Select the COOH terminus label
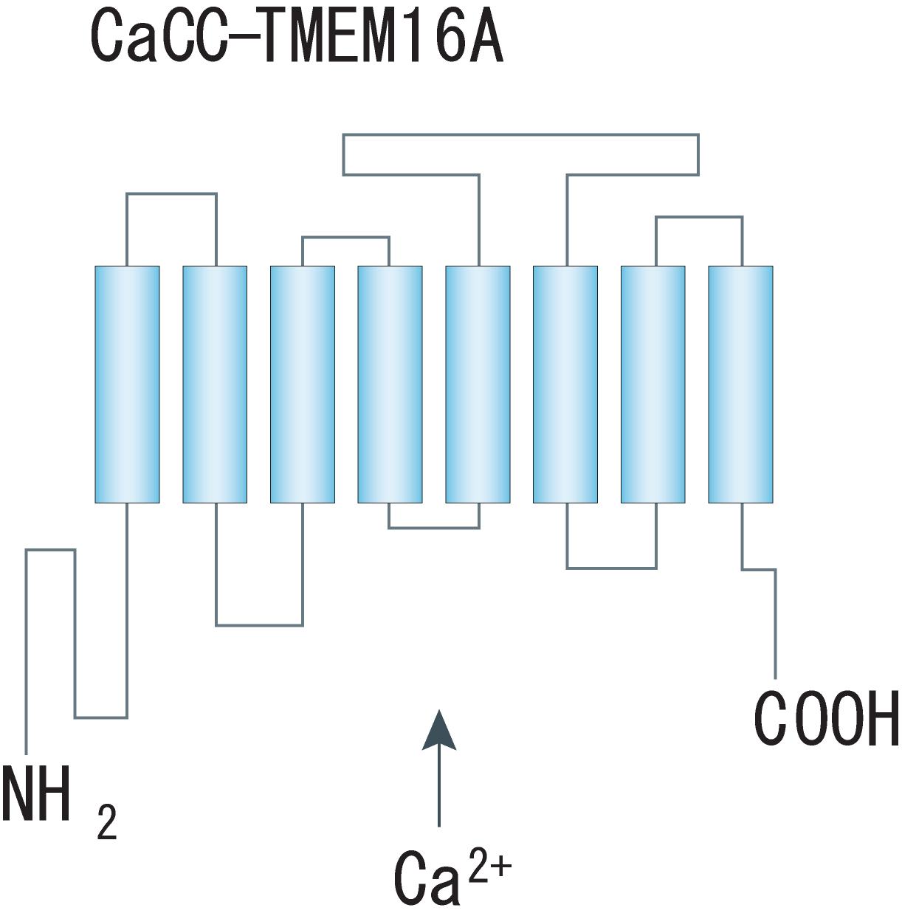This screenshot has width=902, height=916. (x=825, y=717)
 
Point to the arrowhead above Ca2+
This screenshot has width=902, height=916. (x=439, y=731)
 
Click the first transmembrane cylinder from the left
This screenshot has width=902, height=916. (x=127, y=384)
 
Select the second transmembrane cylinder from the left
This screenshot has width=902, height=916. (x=215, y=384)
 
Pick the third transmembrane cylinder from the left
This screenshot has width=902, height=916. (x=303, y=384)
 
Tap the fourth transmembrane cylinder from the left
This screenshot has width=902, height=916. (x=390, y=384)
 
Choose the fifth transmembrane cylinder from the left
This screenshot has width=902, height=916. (x=478, y=384)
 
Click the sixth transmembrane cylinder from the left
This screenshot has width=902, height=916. (x=565, y=384)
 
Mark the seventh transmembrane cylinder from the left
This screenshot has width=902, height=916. (x=653, y=384)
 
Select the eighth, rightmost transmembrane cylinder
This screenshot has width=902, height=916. (x=740, y=384)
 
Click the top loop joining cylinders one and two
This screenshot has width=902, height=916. (x=171, y=194)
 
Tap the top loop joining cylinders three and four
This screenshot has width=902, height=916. (x=345, y=238)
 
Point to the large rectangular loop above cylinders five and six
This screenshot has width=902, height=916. (x=520, y=135)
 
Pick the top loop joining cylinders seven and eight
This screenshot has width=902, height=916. (x=699, y=218)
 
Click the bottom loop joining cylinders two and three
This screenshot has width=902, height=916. (x=259, y=625)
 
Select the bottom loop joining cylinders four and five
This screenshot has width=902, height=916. (x=434, y=528)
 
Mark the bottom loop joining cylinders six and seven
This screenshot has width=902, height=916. (x=611, y=568)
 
